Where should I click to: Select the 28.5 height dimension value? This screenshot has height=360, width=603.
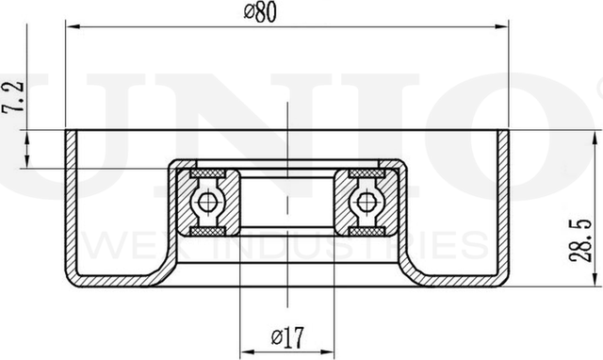click(586, 237)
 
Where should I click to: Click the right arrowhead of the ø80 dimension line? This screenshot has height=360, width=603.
click(501, 26)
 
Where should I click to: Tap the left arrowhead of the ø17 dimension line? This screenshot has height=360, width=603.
click(247, 347)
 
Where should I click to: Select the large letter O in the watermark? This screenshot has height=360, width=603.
click(532, 132)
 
